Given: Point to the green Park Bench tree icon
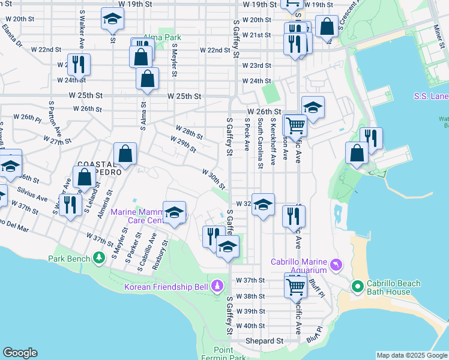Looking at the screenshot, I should point(98,259).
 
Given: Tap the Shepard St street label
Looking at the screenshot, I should point(264,341).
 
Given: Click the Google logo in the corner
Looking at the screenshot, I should point(20,353).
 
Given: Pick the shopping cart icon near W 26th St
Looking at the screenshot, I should point(295,125).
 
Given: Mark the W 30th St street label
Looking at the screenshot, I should point(213,178).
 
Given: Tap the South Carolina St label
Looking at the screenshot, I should point(261,142).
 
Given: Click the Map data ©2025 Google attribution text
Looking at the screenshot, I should point(412,355).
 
